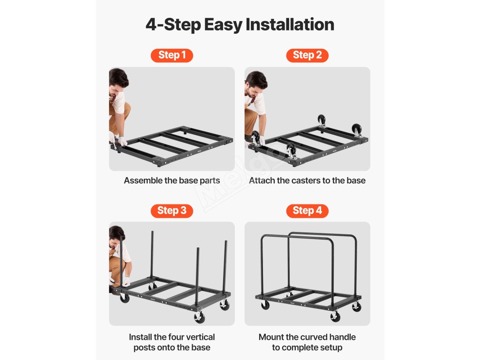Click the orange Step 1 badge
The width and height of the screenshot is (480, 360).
(x=172, y=55)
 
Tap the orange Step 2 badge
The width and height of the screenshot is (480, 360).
(x=307, y=55)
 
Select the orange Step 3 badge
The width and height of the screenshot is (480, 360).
(x=172, y=210)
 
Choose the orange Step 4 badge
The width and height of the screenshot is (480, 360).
(x=307, y=210)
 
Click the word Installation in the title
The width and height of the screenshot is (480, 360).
(x=290, y=24)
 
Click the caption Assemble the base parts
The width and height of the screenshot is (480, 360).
(x=172, y=180)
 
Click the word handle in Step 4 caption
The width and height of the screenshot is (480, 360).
(x=343, y=337)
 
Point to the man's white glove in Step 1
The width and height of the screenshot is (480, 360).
(x=122, y=141)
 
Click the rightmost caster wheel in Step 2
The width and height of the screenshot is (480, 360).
(x=357, y=130)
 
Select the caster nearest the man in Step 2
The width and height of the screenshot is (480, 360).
(x=255, y=137)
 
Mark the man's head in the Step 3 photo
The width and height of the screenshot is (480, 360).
(x=116, y=236)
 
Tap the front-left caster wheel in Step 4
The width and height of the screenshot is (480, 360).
(x=265, y=305)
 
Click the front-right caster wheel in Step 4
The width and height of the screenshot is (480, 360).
(x=335, y=316)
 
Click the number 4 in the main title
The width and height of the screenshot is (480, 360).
(x=151, y=25)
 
